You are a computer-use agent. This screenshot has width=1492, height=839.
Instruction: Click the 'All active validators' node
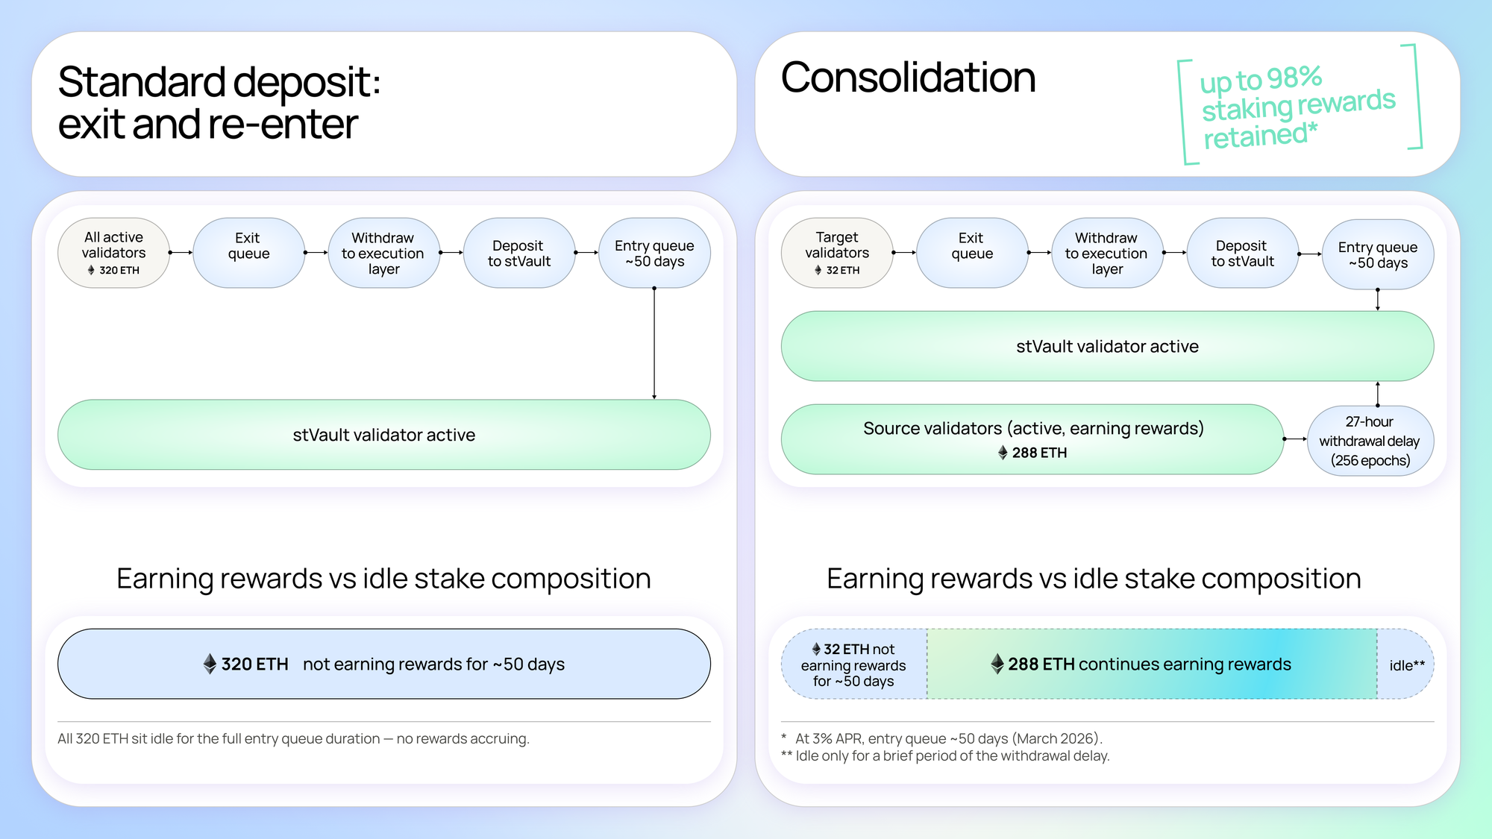pyautogui.click(x=113, y=253)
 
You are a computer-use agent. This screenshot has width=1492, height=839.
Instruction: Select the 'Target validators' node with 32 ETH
pyautogui.click(x=837, y=253)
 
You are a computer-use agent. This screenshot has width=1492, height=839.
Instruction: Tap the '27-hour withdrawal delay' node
pyautogui.click(x=1370, y=440)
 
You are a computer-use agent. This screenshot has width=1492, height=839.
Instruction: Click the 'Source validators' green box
pyautogui.click(x=1032, y=439)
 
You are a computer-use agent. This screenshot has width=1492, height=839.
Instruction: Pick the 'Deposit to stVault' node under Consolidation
pyautogui.click(x=1242, y=254)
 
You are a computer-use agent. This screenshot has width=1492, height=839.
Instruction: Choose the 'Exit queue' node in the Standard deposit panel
pyautogui.click(x=248, y=253)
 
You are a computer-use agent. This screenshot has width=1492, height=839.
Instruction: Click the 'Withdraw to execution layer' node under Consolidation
pyautogui.click(x=1107, y=254)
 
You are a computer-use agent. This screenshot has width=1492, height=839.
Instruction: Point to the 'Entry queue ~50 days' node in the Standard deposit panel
pyautogui.click(x=654, y=253)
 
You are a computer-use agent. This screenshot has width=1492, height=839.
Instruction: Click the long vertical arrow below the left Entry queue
pyautogui.click(x=654, y=343)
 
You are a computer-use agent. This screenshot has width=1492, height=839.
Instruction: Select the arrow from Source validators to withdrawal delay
pyautogui.click(x=1295, y=439)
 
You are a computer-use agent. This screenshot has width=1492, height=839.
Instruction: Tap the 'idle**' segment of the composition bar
pyautogui.click(x=1406, y=664)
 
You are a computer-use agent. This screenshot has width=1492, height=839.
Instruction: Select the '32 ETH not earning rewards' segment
pyautogui.click(x=854, y=664)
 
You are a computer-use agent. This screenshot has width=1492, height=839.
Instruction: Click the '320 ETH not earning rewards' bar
pyautogui.click(x=384, y=664)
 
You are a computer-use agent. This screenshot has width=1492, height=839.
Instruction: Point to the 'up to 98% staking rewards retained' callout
pyautogui.click(x=1298, y=106)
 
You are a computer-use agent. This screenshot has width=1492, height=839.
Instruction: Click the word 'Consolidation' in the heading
pyautogui.click(x=908, y=78)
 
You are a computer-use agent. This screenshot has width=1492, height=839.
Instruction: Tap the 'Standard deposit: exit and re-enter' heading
pyautogui.click(x=219, y=102)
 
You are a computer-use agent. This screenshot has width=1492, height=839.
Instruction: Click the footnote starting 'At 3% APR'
pyautogui.click(x=948, y=738)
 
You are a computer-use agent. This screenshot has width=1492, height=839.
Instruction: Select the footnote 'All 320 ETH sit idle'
pyautogui.click(x=293, y=738)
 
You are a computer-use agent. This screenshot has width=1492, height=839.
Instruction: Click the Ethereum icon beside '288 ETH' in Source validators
pyautogui.click(x=1003, y=453)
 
